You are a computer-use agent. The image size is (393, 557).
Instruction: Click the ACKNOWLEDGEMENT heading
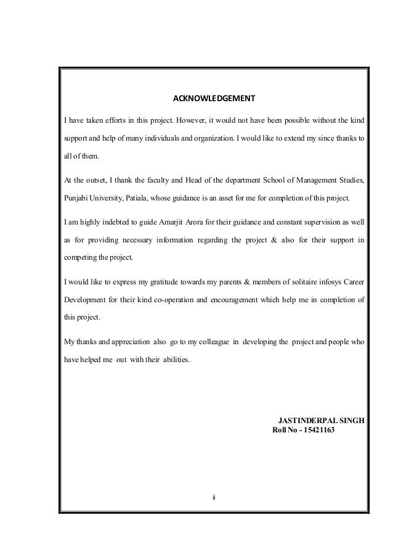coord(213,98)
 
